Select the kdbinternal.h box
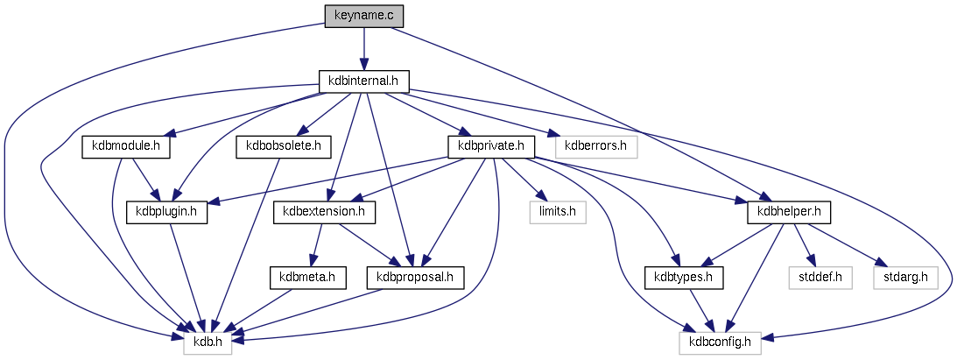[363, 81]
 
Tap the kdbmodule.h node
[125, 146]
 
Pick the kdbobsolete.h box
[284, 146]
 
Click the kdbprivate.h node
[490, 146]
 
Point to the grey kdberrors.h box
[596, 146]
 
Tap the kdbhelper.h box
[788, 212]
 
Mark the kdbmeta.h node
[301, 278]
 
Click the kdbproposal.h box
[415, 278]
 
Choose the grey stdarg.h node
[905, 278]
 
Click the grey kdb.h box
[208, 342]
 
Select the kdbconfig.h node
[721, 342]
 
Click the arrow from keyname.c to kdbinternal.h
[363, 48]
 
